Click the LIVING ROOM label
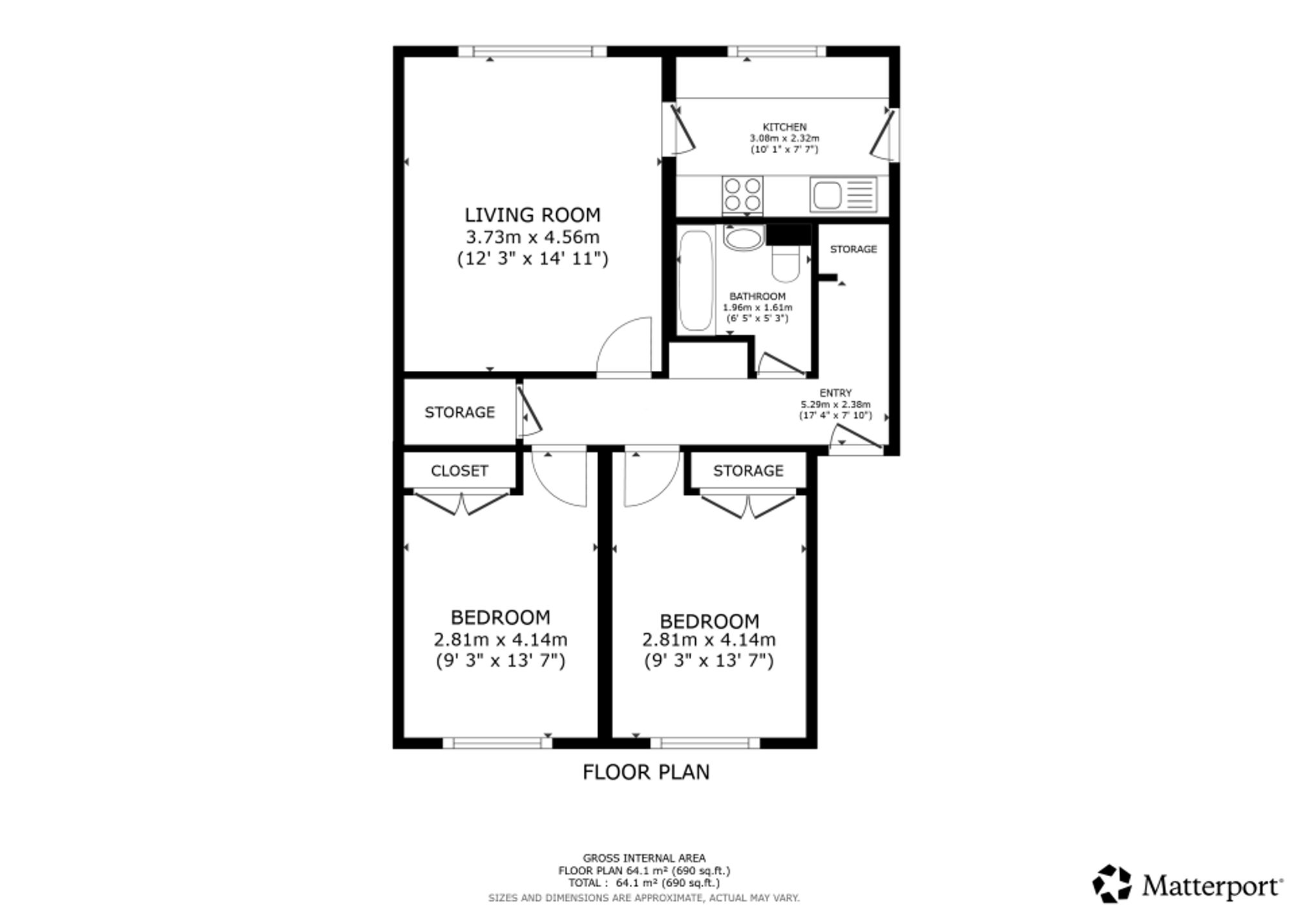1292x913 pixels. tap(532, 215)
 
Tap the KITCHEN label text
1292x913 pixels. tap(784, 127)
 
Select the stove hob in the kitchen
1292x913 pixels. tap(742, 195)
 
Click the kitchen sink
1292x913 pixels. tap(843, 194)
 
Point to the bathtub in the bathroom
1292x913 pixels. tap(696, 280)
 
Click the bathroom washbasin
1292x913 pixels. tap(744, 238)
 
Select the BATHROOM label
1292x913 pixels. tap(757, 297)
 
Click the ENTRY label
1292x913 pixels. tap(835, 393)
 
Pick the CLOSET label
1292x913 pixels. tap(459, 471)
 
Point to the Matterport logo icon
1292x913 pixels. tap(1112, 883)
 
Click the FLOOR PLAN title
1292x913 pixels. tap(646, 772)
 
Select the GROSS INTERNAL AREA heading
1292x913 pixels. tap(644, 858)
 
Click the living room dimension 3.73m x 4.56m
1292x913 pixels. tap(532, 237)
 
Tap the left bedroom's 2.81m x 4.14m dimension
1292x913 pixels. tap(501, 640)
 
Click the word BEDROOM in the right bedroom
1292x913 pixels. tap(709, 622)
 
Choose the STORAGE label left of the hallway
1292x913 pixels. tap(459, 412)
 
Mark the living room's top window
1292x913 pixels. tap(533, 52)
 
